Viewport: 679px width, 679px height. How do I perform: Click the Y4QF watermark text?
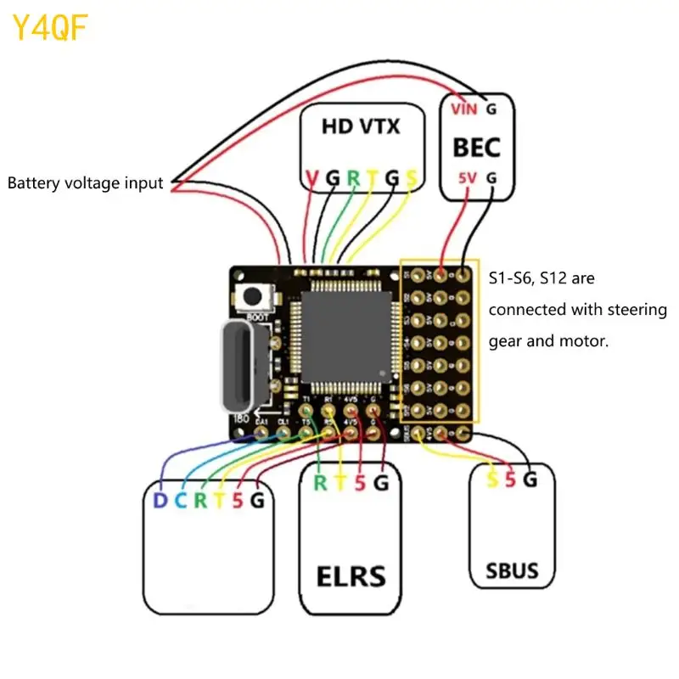click(50, 29)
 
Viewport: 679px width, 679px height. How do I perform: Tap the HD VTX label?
click(361, 127)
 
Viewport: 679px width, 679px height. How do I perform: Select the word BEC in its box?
click(476, 146)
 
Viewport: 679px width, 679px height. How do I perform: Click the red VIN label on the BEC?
click(463, 109)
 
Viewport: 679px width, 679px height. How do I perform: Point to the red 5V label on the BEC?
click(468, 178)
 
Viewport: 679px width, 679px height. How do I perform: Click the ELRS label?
click(351, 576)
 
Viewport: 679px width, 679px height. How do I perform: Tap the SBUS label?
click(512, 570)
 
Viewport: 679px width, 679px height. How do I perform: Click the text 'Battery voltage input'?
click(85, 182)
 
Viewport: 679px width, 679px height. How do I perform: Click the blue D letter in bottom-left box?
click(160, 501)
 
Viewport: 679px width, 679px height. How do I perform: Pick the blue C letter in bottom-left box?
click(180, 501)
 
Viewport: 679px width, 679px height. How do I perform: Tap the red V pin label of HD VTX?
click(311, 179)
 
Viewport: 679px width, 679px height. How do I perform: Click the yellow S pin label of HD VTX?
click(412, 179)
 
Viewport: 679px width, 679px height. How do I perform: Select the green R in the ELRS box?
click(320, 484)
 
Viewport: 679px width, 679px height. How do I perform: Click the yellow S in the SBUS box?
click(491, 480)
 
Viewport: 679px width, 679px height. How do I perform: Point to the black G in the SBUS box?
click(530, 480)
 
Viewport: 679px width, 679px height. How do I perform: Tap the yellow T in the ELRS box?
click(340, 484)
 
